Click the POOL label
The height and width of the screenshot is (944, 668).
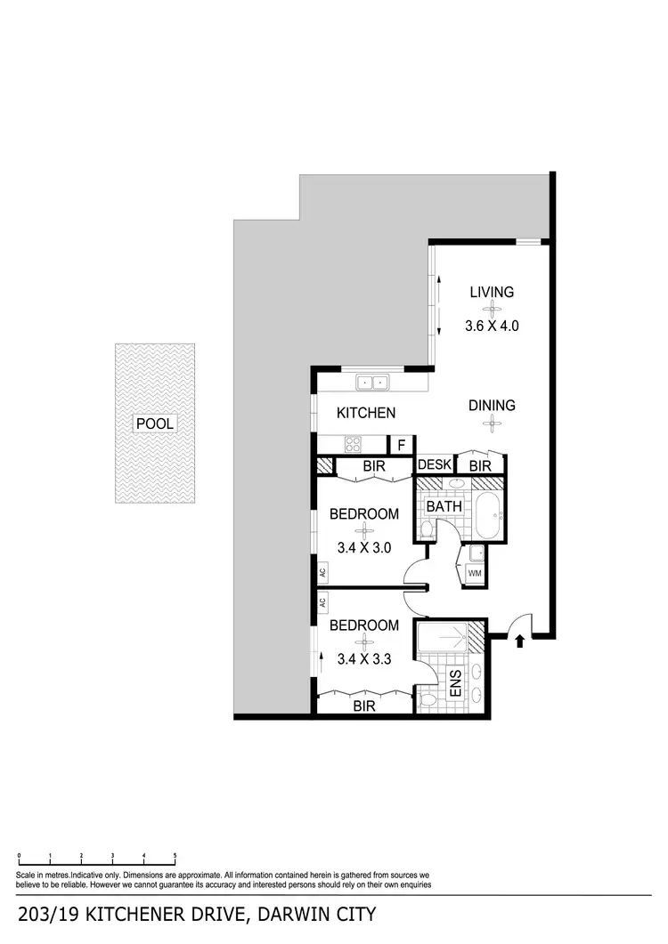(x=154, y=424)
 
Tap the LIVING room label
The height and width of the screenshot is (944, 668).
(x=493, y=292)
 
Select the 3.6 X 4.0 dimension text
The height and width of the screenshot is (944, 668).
(x=492, y=326)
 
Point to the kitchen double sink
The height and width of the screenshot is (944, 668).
(x=372, y=383)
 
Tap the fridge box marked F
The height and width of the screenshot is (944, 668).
(x=402, y=445)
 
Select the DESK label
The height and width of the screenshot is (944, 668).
(x=435, y=464)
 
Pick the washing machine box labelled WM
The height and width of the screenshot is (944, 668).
(x=474, y=573)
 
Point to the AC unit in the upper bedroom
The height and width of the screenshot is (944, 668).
(x=322, y=574)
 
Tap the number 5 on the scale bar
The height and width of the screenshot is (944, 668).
(x=175, y=856)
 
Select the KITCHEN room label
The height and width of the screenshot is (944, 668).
(x=365, y=413)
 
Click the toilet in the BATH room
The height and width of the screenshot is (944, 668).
(x=426, y=531)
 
